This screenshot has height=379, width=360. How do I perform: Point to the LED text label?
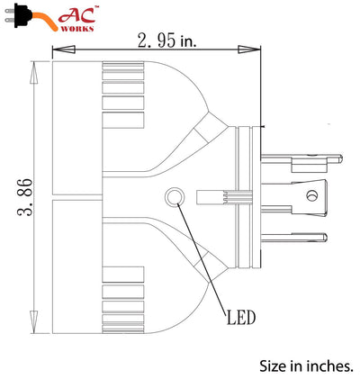click(x=241, y=317)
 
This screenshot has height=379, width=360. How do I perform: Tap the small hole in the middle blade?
click(x=312, y=194)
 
